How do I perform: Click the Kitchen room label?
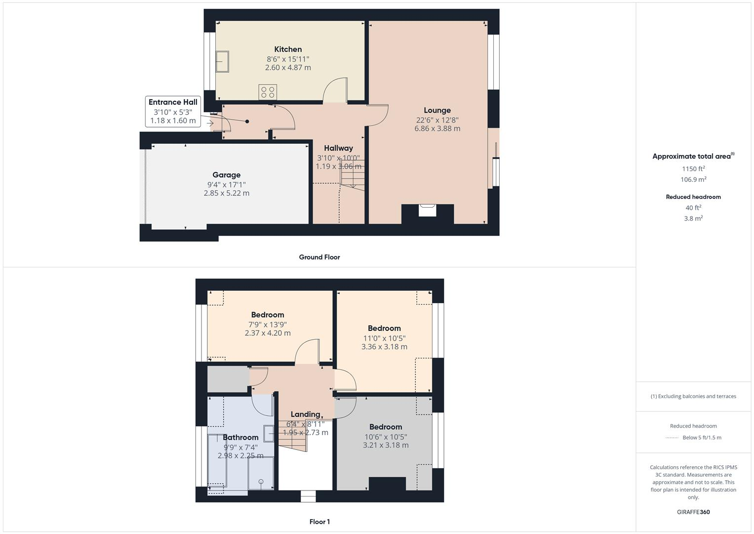pos(288,49)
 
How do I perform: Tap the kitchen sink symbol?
pos(222,61)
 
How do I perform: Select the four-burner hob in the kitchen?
pos(268,92)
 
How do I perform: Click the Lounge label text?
pos(437,110)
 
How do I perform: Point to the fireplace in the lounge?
pos(428,211)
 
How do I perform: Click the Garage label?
pos(226,175)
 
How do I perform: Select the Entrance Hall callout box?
pos(173,111)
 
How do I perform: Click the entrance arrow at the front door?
pos(210,124)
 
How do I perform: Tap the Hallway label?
pos(338,148)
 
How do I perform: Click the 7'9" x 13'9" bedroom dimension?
pos(268,325)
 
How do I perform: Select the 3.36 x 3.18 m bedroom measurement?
pos(384,347)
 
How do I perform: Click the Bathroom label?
pos(240,438)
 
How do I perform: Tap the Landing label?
pos(305,414)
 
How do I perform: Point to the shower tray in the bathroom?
pos(260,474)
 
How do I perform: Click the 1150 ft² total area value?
pos(693,169)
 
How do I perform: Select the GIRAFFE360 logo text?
pos(693,512)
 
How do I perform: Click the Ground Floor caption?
pos(319,257)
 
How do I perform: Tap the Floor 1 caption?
pos(319,522)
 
